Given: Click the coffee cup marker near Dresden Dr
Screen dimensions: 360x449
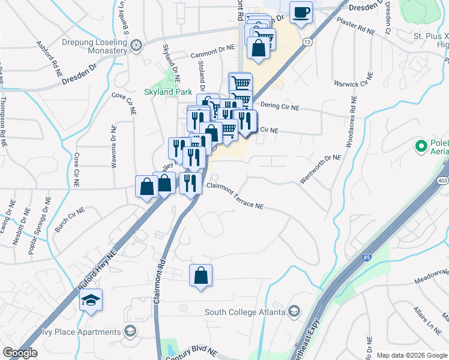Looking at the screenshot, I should tap(301, 11).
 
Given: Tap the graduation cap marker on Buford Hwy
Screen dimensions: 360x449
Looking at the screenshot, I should tap(91, 300).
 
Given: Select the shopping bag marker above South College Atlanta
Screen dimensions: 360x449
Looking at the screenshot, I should tap(201, 276).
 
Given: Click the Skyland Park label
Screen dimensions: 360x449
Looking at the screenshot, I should tap(167, 92).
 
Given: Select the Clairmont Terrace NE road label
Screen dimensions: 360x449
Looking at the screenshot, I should tap(235, 196).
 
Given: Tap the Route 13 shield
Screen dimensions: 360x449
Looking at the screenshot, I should tap(307, 42).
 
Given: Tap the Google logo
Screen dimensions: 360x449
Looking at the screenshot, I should tap(20, 353).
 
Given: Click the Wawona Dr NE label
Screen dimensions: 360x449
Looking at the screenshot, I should tap(113, 145).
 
